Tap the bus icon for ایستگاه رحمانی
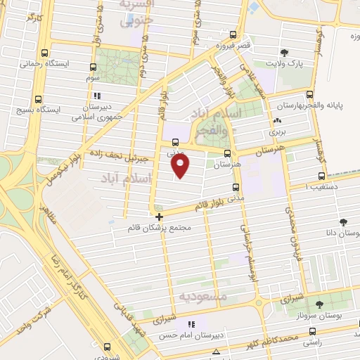pyautogui.click(x=46, y=53)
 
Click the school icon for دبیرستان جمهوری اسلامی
pyautogui.click(x=98, y=96)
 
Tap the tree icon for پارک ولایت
pyautogui.click(x=284, y=53)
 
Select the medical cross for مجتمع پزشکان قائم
pyautogui.click(x=160, y=217)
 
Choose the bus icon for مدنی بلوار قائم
pyautogui.click(x=235, y=187)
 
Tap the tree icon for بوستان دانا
pyautogui.click(x=343, y=221)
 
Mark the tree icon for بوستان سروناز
pyautogui.click(x=320, y=304)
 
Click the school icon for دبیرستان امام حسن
pyautogui.click(x=191, y=324)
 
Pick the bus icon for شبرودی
pyautogui.click(x=107, y=346)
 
